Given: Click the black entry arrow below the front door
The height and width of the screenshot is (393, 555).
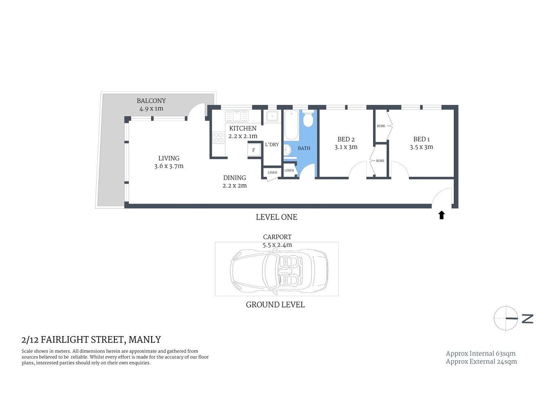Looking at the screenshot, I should pos(441,215).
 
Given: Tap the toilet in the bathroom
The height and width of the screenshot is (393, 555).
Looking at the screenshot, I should pos(308,119).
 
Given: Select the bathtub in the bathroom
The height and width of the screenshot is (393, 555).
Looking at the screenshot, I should pos(291,125).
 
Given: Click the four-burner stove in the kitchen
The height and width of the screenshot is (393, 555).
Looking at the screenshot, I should pos(218,138).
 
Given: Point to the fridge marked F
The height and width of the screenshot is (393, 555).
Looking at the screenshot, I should pos(254,150).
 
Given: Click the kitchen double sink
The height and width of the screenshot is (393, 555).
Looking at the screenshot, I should pos(237,116).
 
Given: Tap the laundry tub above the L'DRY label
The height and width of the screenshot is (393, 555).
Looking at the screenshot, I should pos(272,116).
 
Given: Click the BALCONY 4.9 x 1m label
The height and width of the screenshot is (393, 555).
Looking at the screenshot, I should pos(151,105).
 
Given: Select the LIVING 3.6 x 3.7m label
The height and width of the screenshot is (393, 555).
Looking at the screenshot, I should pos(169,162).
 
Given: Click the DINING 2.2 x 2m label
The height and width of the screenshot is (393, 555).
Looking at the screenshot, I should pos(235,181).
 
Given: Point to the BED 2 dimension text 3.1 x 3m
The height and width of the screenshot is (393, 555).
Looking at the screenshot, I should pos(346,147).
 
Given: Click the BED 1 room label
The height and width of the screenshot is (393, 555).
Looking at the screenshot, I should pos(421,139).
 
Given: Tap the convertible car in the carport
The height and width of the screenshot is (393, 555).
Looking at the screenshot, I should pos(279,270).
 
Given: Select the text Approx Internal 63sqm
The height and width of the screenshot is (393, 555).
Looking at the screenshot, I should pos(481,353).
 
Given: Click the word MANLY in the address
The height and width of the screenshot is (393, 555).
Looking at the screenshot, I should pos(145,340).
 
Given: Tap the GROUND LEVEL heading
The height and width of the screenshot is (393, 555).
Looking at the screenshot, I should pos(275,305).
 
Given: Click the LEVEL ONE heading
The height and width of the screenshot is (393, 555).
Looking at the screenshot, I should pos(276,217).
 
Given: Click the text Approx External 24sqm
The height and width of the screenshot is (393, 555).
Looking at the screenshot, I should pos(481,361).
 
